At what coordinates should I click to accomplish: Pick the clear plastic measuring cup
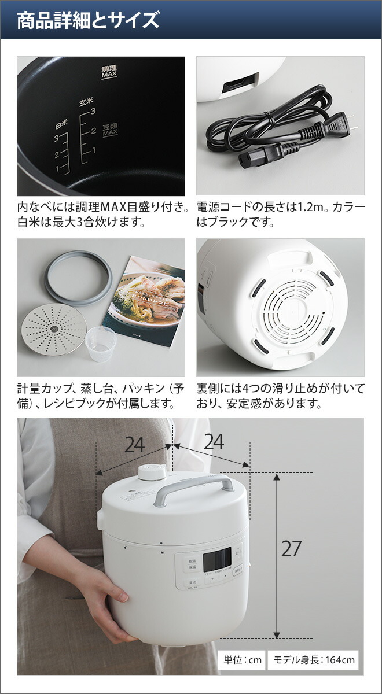(100, 343)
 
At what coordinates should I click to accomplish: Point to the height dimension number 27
(291, 549)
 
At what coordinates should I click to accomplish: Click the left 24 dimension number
(134, 444)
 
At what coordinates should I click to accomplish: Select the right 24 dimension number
(214, 442)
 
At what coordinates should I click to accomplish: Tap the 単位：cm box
(243, 660)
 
